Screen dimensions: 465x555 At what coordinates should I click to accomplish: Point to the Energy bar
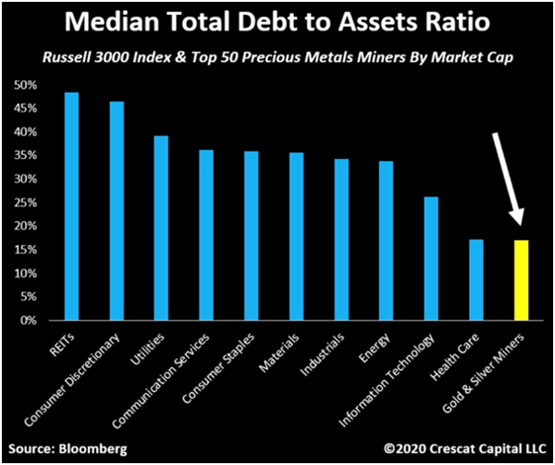click(x=386, y=240)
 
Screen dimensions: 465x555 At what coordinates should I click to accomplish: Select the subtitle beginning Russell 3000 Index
click(x=277, y=58)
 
